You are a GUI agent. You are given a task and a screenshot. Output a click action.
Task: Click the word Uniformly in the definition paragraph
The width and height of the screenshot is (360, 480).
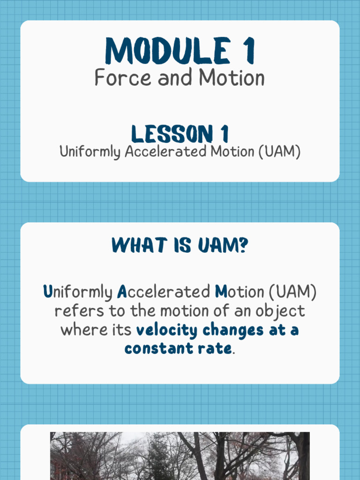77,292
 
